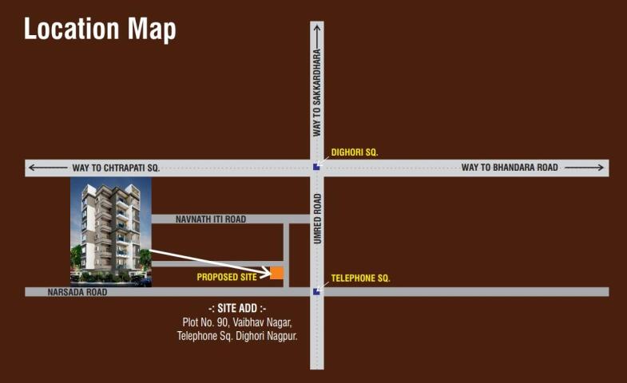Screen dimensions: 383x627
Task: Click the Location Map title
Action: (100, 29)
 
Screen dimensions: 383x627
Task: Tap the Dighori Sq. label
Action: (355, 152)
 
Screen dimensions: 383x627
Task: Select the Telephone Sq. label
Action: (360, 278)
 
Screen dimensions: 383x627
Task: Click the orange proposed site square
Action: (277, 273)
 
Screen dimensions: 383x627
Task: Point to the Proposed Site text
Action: (227, 277)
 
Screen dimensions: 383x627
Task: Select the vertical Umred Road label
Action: (317, 219)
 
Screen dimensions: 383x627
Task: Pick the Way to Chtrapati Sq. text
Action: (116, 168)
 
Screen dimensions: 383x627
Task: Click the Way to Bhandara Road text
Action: (510, 168)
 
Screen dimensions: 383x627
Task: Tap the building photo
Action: (111, 232)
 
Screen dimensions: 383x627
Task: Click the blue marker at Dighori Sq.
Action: (317, 167)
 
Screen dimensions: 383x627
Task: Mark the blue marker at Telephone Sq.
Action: (317, 292)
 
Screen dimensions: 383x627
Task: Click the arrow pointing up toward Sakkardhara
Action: (317, 34)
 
